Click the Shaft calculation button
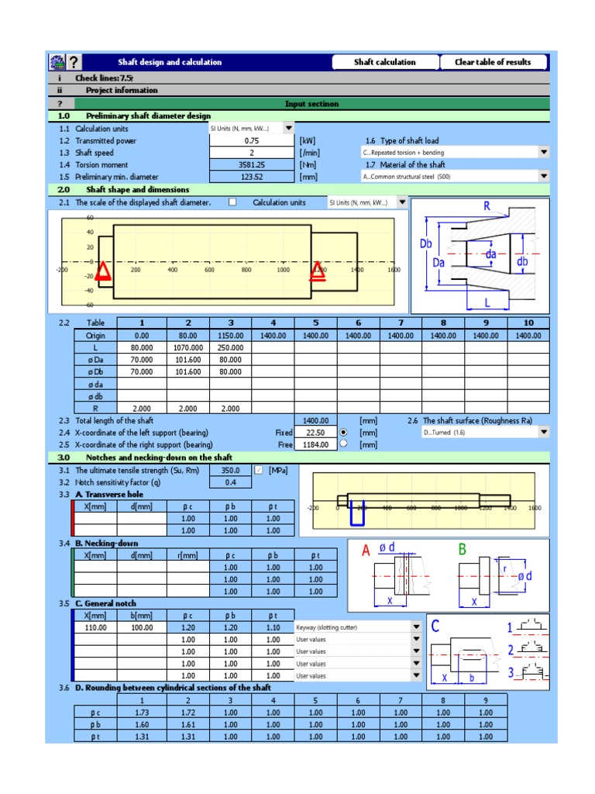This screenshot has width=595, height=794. [385, 62]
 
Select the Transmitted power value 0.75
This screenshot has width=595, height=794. [252, 141]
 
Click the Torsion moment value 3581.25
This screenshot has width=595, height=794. [252, 164]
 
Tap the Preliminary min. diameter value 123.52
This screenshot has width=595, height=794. [252, 177]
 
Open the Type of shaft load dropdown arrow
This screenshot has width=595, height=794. [544, 153]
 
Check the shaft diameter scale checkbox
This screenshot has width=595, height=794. [232, 202]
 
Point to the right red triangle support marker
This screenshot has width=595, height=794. [318, 271]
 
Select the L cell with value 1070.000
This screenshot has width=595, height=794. [187, 348]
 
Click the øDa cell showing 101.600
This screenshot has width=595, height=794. [187, 360]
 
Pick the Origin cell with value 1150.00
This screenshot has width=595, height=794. [230, 336]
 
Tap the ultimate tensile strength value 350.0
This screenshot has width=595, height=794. [231, 471]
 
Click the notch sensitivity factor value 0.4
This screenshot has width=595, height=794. [231, 482]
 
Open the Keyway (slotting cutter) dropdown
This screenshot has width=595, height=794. [416, 627]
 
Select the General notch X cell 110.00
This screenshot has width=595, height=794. [95, 627]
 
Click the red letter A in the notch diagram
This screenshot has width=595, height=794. [366, 552]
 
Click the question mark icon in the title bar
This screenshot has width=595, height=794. [74, 63]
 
